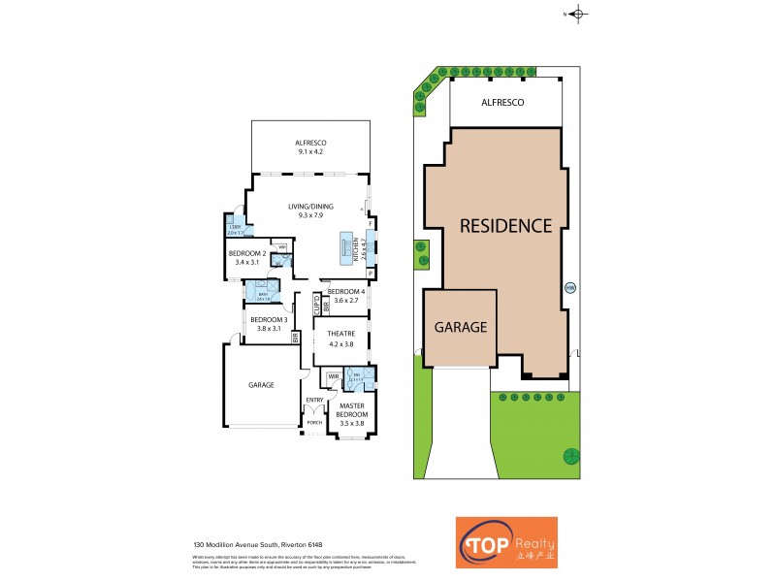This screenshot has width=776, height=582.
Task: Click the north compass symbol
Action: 579,14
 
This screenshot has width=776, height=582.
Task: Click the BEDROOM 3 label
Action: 268,323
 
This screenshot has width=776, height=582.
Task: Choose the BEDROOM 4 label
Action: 346,296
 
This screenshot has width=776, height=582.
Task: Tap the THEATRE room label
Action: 341,339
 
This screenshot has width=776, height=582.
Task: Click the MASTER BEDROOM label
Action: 350,414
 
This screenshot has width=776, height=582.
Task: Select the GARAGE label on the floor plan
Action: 261,385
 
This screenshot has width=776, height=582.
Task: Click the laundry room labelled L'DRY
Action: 235,230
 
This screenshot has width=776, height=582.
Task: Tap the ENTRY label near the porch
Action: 314,399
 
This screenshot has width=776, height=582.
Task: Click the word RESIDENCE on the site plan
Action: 504,226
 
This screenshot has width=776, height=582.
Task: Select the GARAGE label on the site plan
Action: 460,327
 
